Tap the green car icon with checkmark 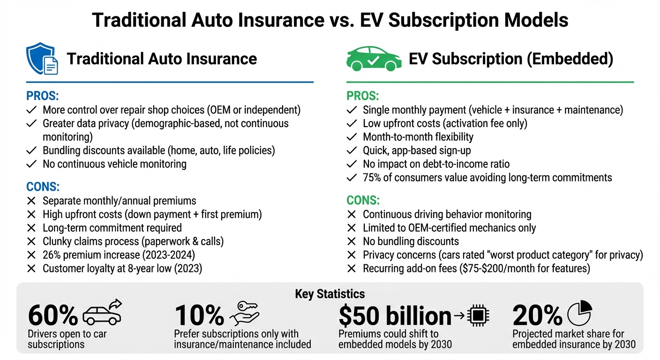pos(374,59)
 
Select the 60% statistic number pos(52,315)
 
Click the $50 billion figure pos(395,315)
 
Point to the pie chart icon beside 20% pos(580,314)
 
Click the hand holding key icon pos(244,313)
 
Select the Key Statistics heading pos(330,294)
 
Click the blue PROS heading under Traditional pos(42,96)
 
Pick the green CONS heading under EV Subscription pos(363,200)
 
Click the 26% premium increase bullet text pos(119,255)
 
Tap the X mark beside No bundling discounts pos(352,242)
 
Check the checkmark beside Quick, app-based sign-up pos(352,150)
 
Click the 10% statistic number pos(199,315)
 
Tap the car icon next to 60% pos(102,314)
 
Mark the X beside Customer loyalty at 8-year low pos(31,269)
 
